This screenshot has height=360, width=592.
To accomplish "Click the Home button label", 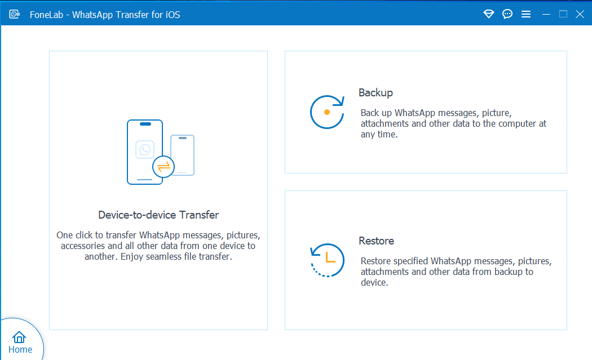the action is [20, 349].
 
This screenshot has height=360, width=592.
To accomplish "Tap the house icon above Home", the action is [19, 337].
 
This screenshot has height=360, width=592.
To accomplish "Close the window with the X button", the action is [580, 14].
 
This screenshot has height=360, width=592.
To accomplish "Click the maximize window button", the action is [563, 14].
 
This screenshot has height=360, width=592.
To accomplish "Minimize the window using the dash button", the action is [546, 15].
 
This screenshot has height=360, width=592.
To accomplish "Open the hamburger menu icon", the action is [526, 14].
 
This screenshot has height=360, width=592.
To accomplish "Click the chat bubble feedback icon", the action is [507, 14].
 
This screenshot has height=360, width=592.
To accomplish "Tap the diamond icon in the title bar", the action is [489, 14].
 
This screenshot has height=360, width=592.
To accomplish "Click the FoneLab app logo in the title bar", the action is [14, 14].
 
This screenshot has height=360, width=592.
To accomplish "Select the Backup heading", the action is [375, 93].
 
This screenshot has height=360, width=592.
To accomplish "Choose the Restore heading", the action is [377, 241].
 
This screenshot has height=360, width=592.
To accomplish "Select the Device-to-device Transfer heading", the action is [158, 215].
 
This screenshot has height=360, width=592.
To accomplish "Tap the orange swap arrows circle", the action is [164, 166].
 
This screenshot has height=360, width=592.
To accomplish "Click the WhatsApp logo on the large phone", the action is [145, 150].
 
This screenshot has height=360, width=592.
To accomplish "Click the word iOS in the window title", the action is [173, 15].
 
